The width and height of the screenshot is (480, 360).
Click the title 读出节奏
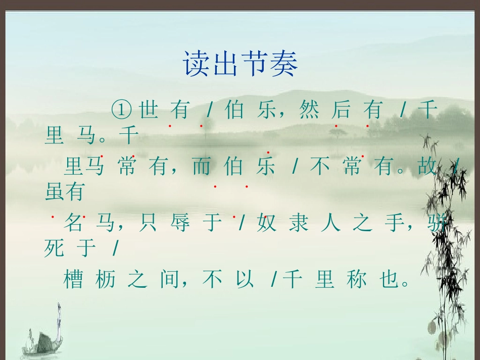pos(241,64)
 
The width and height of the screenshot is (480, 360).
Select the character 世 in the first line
pos(148,109)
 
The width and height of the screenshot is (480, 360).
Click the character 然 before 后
pos(309,109)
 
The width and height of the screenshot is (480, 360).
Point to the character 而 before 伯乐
pos(201,167)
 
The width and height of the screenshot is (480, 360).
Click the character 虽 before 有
pos(55,191)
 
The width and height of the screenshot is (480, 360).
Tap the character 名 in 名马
pos(74,223)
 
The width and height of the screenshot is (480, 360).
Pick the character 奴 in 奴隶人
pos(267,223)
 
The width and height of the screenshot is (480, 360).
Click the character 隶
pos(299,223)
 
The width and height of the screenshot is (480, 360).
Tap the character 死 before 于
pos(55,248)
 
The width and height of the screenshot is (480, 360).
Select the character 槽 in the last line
pos(74,279)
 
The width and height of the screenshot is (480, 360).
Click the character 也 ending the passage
pos(388,279)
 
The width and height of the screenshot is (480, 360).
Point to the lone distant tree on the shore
pos(335,133)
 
